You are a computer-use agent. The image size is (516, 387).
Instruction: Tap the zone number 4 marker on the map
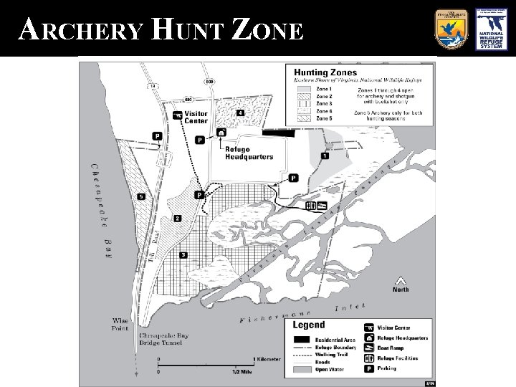point(240,113)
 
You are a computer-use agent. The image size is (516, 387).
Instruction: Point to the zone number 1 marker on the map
point(325,156)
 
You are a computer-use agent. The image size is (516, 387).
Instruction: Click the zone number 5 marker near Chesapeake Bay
point(141,196)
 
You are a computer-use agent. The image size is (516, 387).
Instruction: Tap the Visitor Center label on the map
point(196,117)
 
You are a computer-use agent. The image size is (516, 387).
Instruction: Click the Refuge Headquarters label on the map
point(249,153)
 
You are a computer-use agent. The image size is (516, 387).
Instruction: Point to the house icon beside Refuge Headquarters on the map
point(221,133)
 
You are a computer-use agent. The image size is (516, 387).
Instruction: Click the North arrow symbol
point(400,281)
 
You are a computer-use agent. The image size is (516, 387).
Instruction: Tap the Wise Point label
point(120,324)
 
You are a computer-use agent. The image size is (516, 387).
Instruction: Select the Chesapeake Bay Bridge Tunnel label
point(161,339)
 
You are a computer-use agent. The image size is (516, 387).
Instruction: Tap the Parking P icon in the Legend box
point(369,368)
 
